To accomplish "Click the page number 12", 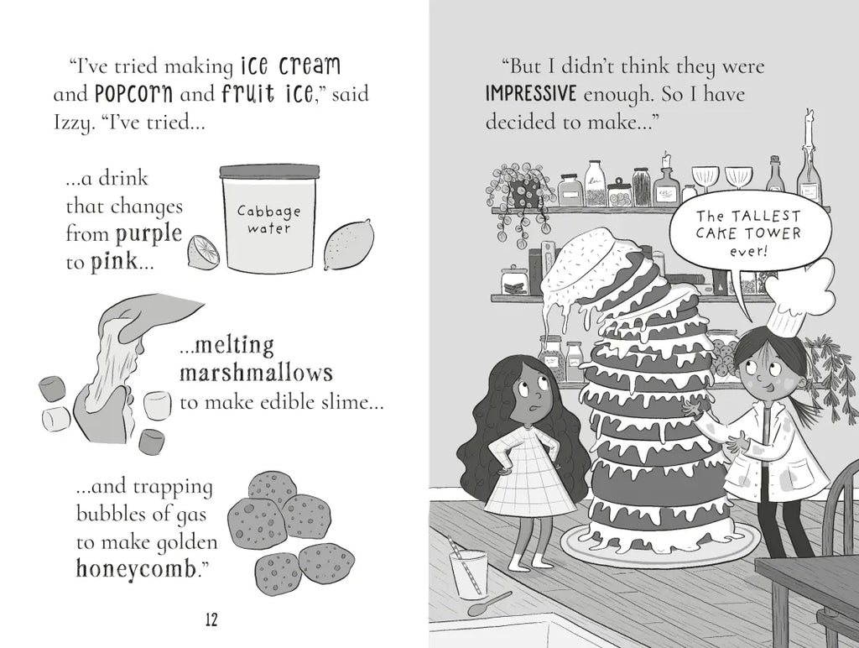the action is point(211,619).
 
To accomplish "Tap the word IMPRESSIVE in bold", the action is point(531,94).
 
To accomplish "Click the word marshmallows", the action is point(257,373).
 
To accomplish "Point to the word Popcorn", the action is point(133,94).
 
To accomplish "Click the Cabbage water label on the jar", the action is point(269,219).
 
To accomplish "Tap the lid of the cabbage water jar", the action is point(269,171).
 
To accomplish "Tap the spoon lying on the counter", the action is point(489,604).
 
